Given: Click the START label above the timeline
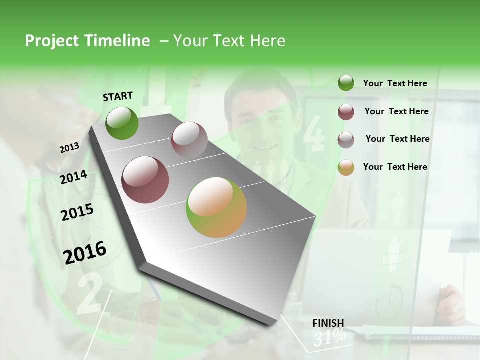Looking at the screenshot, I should click(x=118, y=96).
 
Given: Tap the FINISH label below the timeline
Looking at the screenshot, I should click(x=328, y=323).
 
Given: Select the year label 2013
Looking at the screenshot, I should click(x=69, y=148).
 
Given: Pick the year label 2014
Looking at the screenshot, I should click(x=73, y=177).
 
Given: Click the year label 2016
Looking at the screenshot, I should click(x=85, y=252).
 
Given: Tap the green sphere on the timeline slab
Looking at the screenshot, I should click(x=122, y=123).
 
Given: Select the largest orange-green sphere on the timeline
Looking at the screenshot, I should click(x=216, y=207).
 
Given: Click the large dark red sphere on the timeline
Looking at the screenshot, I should click(x=145, y=180).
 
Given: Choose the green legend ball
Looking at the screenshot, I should click(x=346, y=83).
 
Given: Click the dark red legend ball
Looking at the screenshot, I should click(x=346, y=112).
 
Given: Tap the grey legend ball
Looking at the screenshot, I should click(x=346, y=139).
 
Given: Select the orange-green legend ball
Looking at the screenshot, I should click(x=346, y=167).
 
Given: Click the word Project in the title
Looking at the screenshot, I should click(x=52, y=41).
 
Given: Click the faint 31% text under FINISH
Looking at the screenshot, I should click(x=330, y=337).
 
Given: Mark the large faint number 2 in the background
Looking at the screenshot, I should click(x=90, y=295).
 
